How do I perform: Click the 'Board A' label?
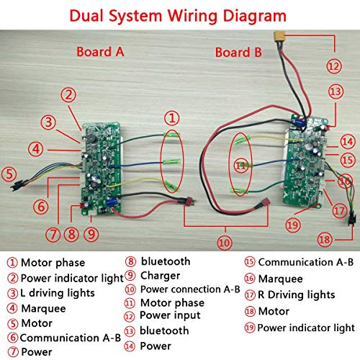100,52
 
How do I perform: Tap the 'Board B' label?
238,53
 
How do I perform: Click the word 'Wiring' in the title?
193,16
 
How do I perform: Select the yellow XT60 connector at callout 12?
279,37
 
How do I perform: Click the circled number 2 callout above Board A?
68,94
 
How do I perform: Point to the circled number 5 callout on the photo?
9,174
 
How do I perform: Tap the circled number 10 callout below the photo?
225,243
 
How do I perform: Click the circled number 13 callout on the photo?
336,91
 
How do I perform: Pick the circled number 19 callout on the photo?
292,225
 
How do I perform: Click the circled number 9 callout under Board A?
91,234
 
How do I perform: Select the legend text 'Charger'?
160,276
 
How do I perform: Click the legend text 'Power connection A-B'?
190,289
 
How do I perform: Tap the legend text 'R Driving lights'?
296,294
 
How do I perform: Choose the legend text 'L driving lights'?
58,293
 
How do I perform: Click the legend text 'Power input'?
170,315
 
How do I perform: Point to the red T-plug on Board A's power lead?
189,201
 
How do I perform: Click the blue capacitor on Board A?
111,202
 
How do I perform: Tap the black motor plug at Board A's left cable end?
17,185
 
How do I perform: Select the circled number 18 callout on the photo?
325,240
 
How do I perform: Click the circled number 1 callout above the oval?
171,118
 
